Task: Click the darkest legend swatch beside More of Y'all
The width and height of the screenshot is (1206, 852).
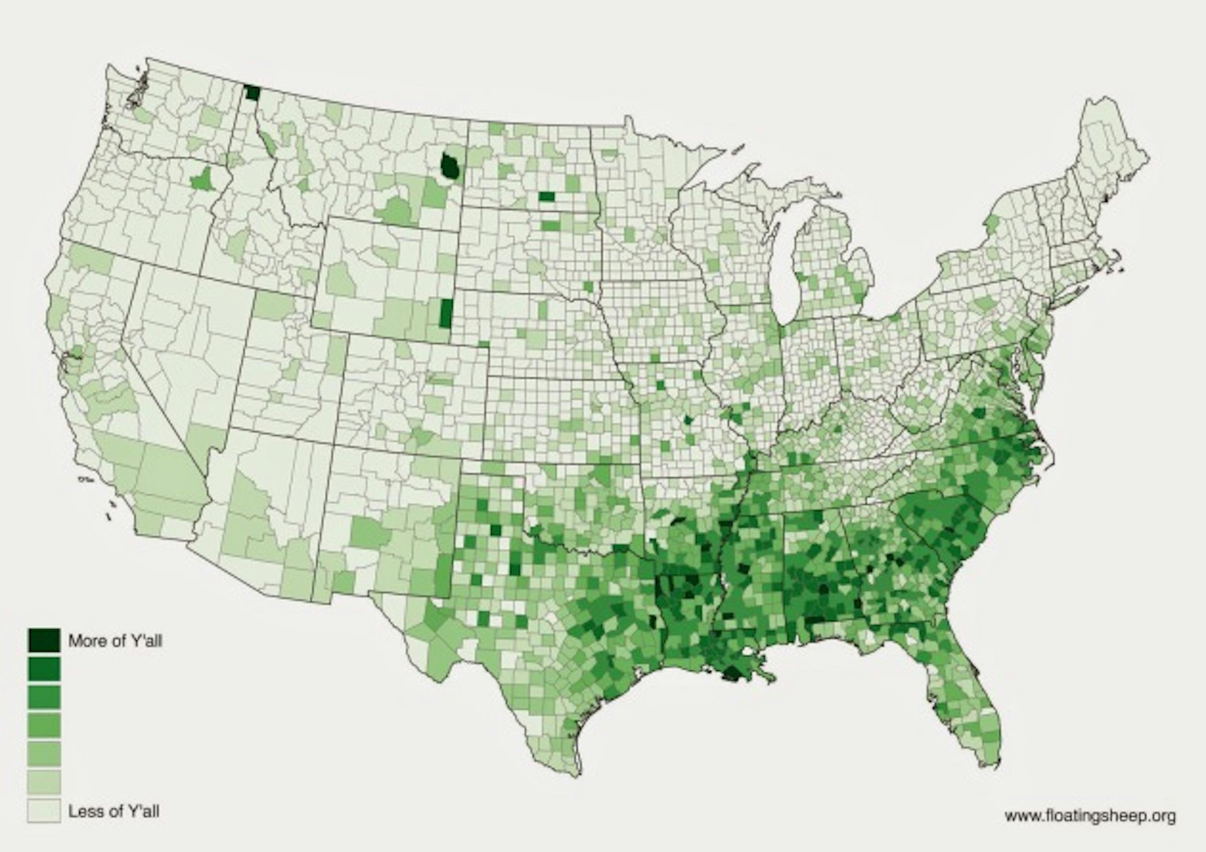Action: (44, 640)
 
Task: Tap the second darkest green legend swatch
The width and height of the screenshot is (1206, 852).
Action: (44, 670)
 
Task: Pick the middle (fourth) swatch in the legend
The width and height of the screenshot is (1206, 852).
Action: (44, 725)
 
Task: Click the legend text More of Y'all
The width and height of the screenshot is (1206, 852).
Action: (115, 641)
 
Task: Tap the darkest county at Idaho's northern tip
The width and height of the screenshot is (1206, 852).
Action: (252, 93)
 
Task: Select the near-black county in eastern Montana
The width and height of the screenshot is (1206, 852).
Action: (450, 166)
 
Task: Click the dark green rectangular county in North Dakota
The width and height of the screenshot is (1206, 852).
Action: (547, 197)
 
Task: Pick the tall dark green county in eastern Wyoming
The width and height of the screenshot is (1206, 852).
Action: (446, 313)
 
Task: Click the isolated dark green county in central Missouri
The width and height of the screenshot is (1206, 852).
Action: (688, 420)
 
